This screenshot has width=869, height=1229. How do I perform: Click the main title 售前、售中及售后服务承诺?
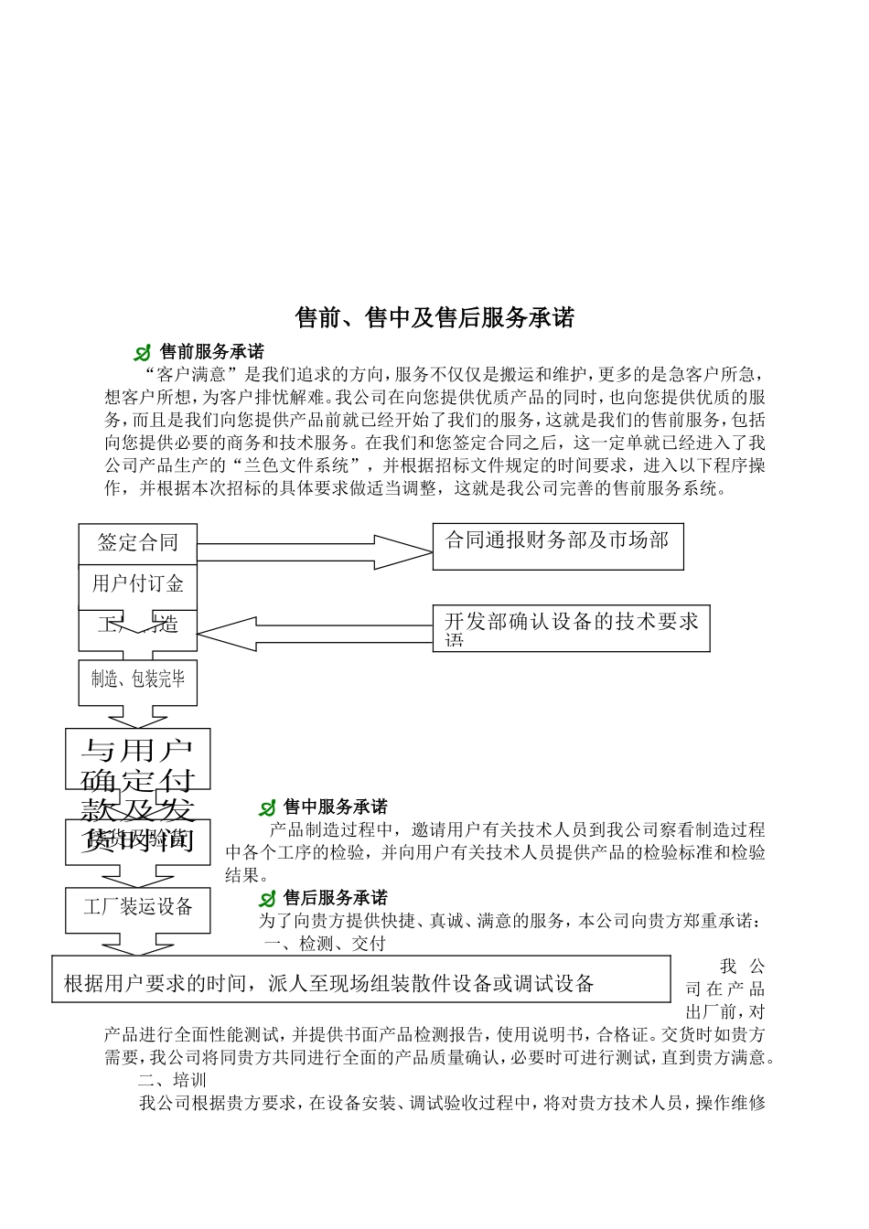434,317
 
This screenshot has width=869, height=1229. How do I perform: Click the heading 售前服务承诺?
211,351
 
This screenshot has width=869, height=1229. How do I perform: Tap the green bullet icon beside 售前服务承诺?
143,353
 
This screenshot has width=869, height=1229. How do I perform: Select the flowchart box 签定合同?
137,543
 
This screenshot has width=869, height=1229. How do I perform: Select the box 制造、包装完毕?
137,680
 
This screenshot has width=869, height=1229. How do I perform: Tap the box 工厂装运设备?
137,908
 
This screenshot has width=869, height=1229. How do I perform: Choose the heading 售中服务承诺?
335,807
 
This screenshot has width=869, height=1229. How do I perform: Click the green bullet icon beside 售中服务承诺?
267,808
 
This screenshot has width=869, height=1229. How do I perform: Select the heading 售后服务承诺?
335,897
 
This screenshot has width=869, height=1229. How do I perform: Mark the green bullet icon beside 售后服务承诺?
267,899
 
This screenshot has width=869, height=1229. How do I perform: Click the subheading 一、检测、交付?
325,943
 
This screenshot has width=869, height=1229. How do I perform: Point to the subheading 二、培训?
172,1080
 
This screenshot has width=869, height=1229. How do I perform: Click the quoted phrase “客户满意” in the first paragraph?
190,374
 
